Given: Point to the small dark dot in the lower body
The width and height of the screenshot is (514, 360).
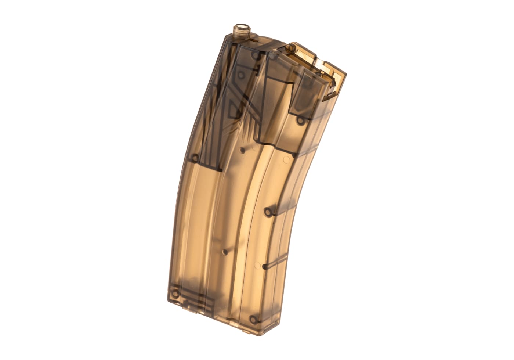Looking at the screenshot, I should tap(224, 252).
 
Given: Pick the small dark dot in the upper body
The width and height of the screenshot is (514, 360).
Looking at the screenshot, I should tap(242, 150).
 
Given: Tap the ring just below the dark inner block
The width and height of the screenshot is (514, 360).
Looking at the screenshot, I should tap(300, 120).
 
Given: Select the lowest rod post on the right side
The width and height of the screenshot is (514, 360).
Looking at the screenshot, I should tap(268, 264).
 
